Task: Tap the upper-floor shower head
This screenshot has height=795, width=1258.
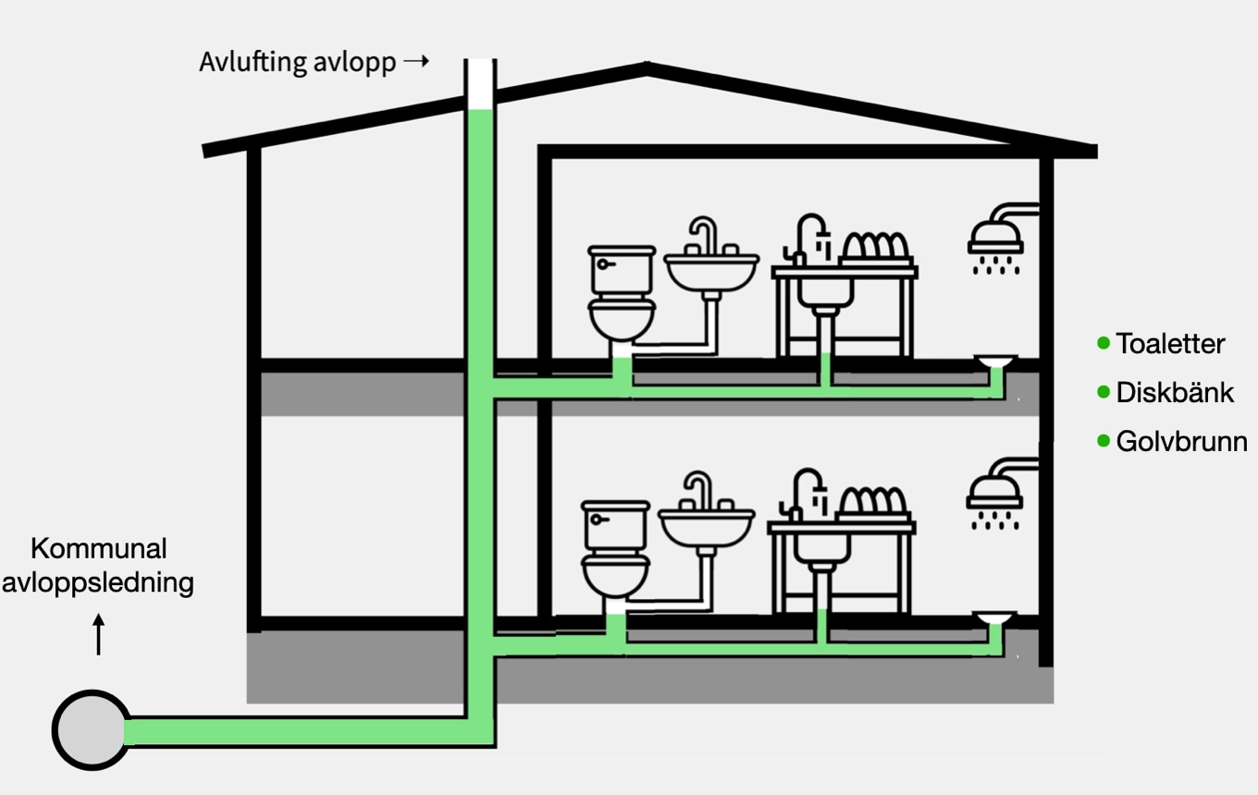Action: pyautogui.click(x=995, y=240)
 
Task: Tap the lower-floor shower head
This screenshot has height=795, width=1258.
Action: pyautogui.click(x=993, y=496)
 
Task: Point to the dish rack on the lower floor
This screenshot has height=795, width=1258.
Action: pyautogui.click(x=872, y=504)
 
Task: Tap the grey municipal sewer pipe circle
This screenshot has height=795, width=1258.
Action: pyautogui.click(x=91, y=730)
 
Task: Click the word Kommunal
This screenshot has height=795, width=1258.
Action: pyautogui.click(x=98, y=548)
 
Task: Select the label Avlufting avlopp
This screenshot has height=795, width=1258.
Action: pyautogui.click(x=297, y=63)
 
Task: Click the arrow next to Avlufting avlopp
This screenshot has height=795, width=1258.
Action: pyautogui.click(x=417, y=62)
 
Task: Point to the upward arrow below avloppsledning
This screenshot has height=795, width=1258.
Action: pyautogui.click(x=99, y=636)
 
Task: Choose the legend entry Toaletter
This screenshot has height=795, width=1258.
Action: pyautogui.click(x=1169, y=344)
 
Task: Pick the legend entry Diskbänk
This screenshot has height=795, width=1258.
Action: pyautogui.click(x=1174, y=392)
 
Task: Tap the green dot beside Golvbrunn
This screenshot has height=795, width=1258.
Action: pyautogui.click(x=1103, y=441)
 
